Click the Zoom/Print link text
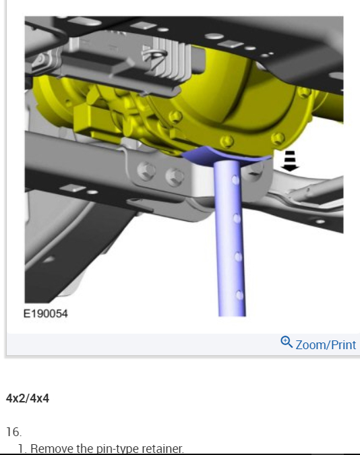click(x=326, y=344)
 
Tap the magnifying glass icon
click(x=287, y=342)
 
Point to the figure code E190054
click(x=46, y=313)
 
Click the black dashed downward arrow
click(x=290, y=161)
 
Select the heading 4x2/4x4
click(x=28, y=398)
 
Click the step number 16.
click(x=13, y=432)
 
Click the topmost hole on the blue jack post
click(x=235, y=180)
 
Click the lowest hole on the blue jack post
click(x=239, y=295)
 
